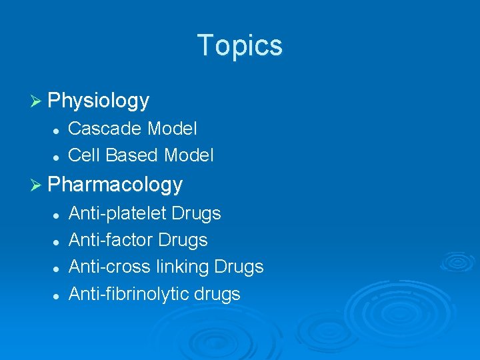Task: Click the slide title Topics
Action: (x=240, y=45)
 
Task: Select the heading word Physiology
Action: (x=99, y=101)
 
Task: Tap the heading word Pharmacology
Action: (x=115, y=184)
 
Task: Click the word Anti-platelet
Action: (x=117, y=213)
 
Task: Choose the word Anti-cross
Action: (x=109, y=267)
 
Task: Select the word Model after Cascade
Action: (x=172, y=128)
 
